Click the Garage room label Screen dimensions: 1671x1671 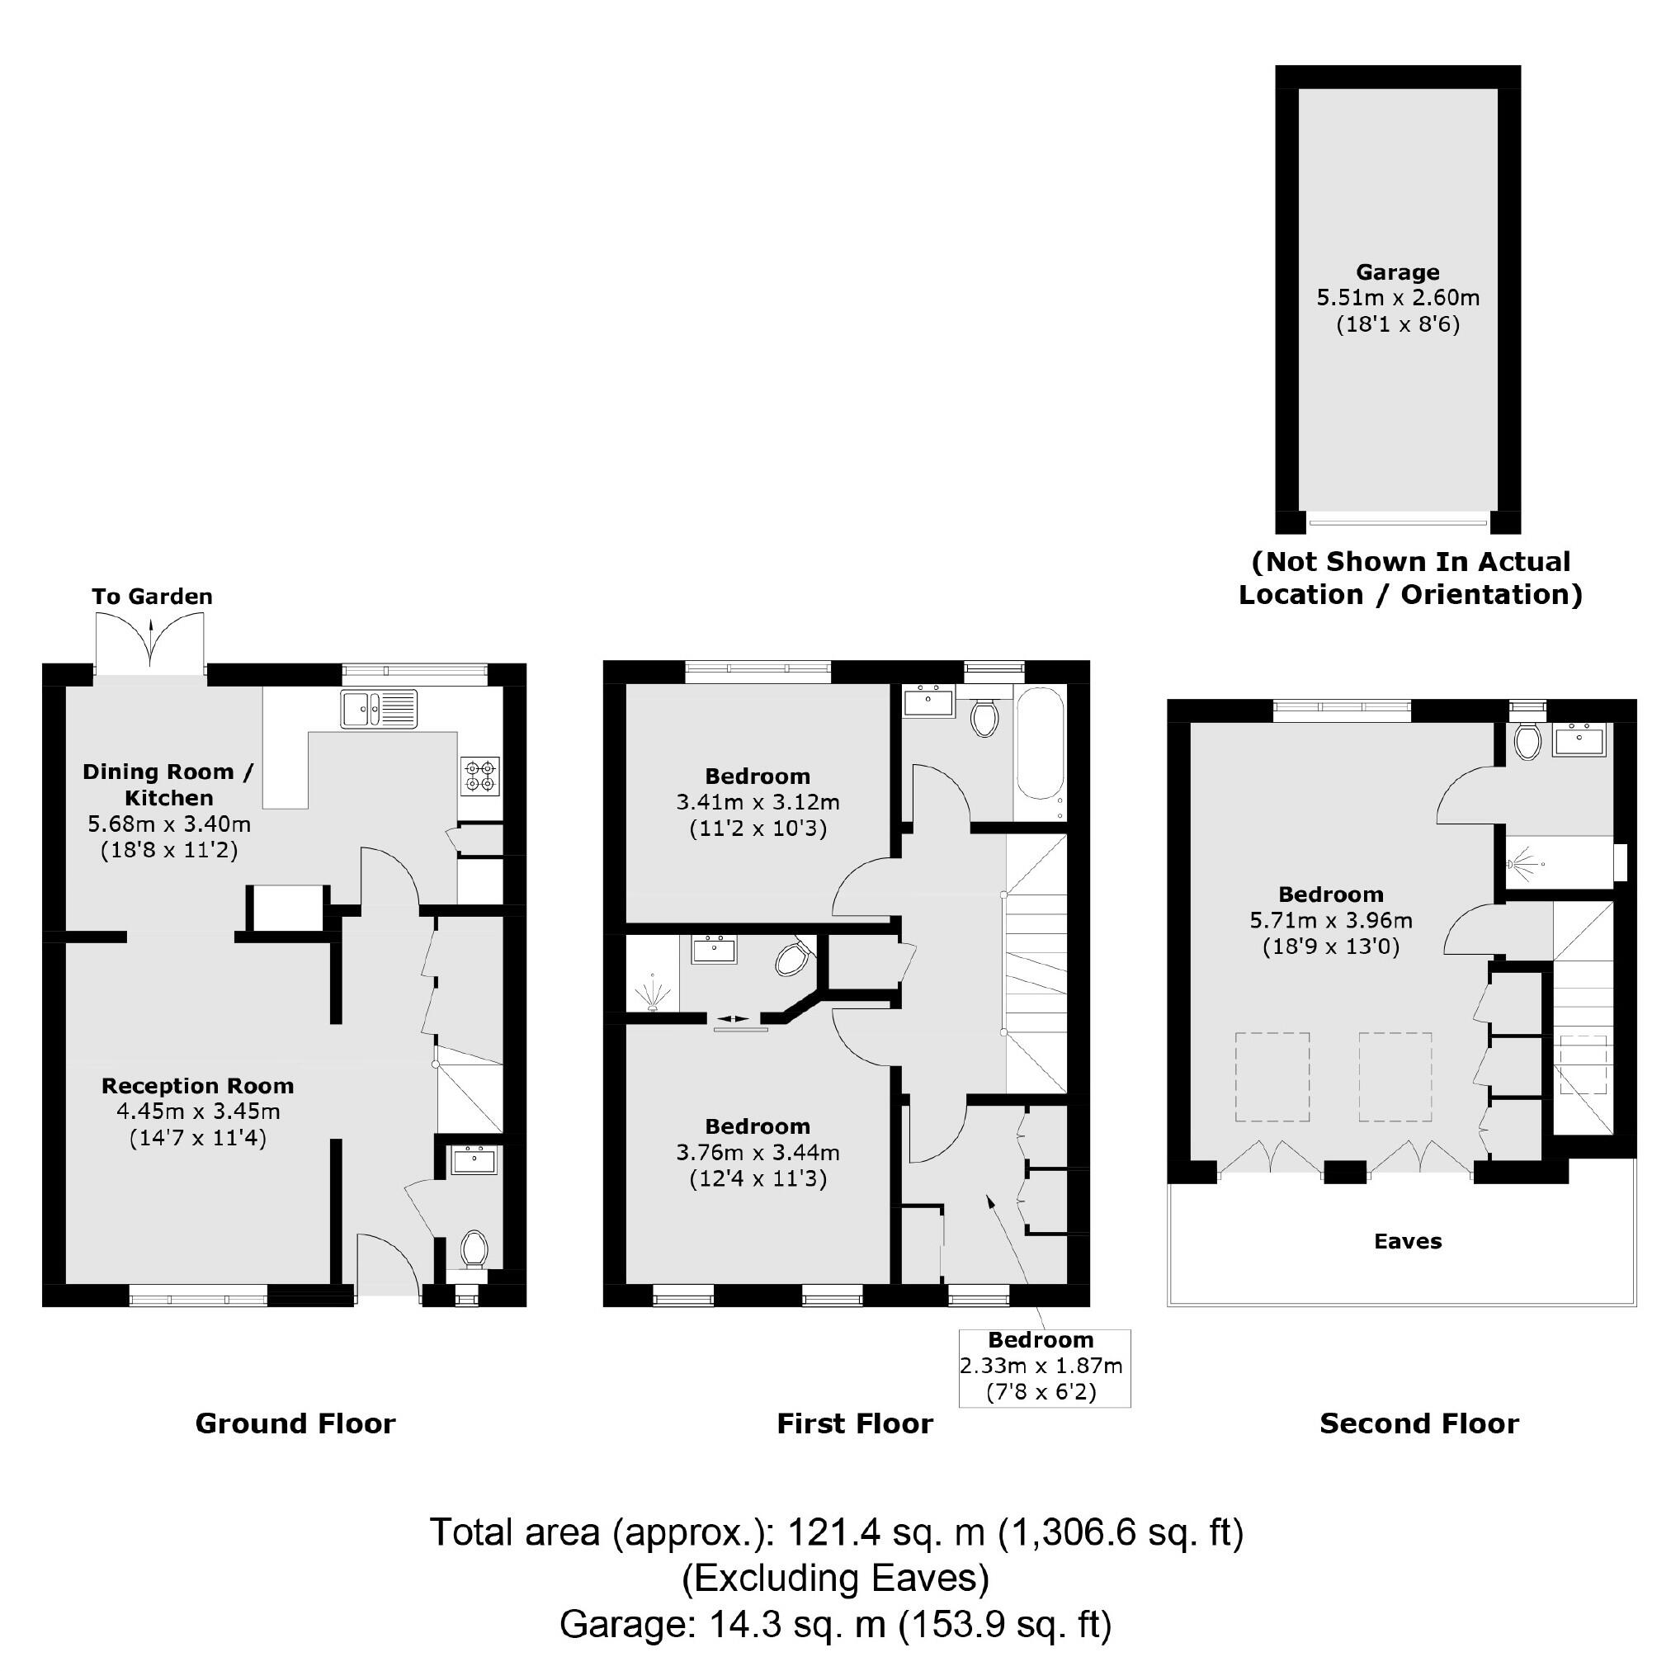click(1397, 272)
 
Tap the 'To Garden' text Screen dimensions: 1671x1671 click(152, 597)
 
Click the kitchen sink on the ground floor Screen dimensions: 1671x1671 click(378, 708)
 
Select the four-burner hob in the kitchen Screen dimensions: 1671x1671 click(480, 776)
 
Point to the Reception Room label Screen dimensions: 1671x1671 click(197, 1086)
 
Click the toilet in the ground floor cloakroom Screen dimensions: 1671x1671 click(474, 1249)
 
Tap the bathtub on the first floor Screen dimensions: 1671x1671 click(1040, 744)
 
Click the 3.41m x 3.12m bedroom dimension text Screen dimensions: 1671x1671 click(758, 803)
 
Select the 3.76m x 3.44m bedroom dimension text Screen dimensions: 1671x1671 click(758, 1153)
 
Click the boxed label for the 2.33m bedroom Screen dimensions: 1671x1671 click(1043, 1367)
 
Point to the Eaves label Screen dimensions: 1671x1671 click(1407, 1242)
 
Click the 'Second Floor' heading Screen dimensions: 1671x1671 click(1418, 1424)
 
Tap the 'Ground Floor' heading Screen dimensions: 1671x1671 click(295, 1424)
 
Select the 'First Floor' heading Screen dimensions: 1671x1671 click(855, 1424)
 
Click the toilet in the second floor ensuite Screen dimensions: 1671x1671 click(1527, 742)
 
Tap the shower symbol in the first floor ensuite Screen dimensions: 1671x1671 click(651, 992)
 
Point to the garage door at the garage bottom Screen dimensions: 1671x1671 click(1397, 522)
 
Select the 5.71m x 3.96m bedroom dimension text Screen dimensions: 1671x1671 click(1330, 920)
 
